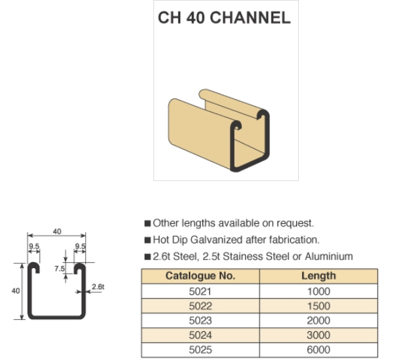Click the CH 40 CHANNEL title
pyautogui.click(x=224, y=18)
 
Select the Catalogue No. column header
pyautogui.click(x=200, y=276)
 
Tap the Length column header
pyautogui.click(x=319, y=276)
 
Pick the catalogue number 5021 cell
pyautogui.click(x=200, y=292)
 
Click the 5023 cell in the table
pyautogui.click(x=200, y=320)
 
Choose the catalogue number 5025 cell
pyautogui.click(x=200, y=350)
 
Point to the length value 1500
pyautogui.click(x=319, y=306)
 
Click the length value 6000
pyautogui.click(x=319, y=350)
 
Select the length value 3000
pyautogui.click(x=319, y=335)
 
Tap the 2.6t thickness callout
pyautogui.click(x=98, y=287)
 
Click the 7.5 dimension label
pyautogui.click(x=60, y=269)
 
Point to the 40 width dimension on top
pyautogui.click(x=57, y=231)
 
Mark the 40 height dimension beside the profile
pyautogui.click(x=15, y=291)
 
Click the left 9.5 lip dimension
pyautogui.click(x=34, y=246)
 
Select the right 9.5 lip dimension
pyautogui.click(x=80, y=246)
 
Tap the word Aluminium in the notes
pyautogui.click(x=328, y=256)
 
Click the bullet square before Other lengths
pyautogui.click(x=147, y=223)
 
